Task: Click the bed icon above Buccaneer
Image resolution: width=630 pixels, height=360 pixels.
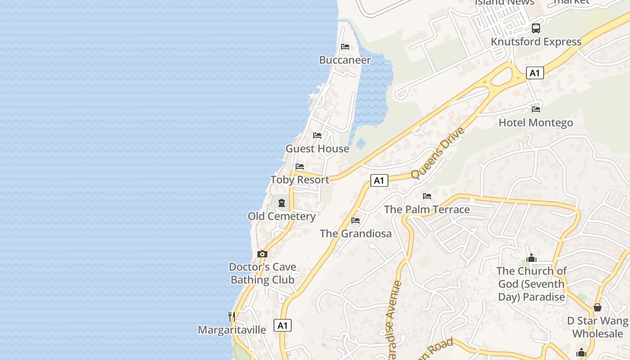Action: [x=345, y=47]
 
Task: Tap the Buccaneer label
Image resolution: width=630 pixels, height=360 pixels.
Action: [x=345, y=60]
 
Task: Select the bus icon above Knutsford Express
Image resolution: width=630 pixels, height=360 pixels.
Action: [x=535, y=28]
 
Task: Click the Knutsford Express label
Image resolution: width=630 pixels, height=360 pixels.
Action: [x=536, y=41]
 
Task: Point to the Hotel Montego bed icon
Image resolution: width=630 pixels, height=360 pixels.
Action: [x=535, y=109]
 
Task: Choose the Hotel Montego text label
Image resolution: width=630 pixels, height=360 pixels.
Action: [x=535, y=122]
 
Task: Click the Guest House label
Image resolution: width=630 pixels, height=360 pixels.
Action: [x=317, y=148]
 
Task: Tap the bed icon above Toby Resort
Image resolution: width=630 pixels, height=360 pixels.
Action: [x=300, y=166]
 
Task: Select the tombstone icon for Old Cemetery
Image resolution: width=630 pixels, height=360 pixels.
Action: [x=282, y=203]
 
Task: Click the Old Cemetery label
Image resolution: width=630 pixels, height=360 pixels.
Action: [x=282, y=216]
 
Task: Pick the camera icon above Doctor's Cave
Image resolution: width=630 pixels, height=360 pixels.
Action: [x=262, y=254]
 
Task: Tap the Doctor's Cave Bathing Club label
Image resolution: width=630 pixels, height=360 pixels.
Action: [x=262, y=273]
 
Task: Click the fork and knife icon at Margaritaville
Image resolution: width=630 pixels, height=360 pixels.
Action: [x=231, y=316]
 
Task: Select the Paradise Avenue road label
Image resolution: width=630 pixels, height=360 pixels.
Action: [x=393, y=319]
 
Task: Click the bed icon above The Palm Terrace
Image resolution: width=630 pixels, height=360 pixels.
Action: [x=427, y=196]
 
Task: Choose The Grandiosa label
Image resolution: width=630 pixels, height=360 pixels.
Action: [x=355, y=234]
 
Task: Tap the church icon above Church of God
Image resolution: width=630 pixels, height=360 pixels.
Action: [x=531, y=258]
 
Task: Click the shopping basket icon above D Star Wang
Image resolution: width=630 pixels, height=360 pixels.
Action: [x=597, y=307]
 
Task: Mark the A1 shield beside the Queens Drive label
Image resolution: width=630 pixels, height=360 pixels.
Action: [x=379, y=180]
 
